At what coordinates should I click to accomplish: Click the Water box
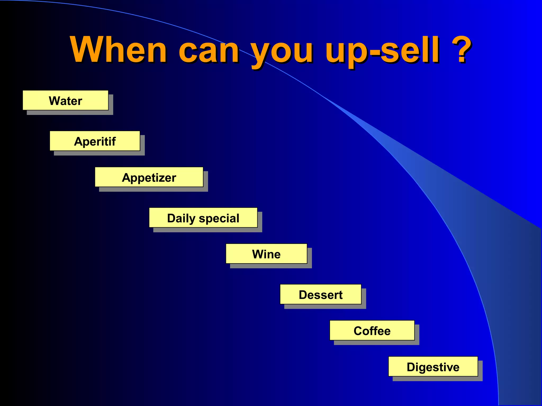(65, 100)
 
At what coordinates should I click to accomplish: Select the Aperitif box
(95, 141)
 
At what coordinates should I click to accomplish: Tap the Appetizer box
(149, 177)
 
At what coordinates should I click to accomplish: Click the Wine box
(266, 254)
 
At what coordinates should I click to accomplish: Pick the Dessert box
(320, 294)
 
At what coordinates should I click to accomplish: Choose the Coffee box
(372, 330)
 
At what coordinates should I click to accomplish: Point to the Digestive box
(433, 367)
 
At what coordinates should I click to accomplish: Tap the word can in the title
(209, 52)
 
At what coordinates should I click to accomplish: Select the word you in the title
(282, 53)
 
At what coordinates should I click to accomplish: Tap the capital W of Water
(54, 101)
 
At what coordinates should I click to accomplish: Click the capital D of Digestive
(411, 367)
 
